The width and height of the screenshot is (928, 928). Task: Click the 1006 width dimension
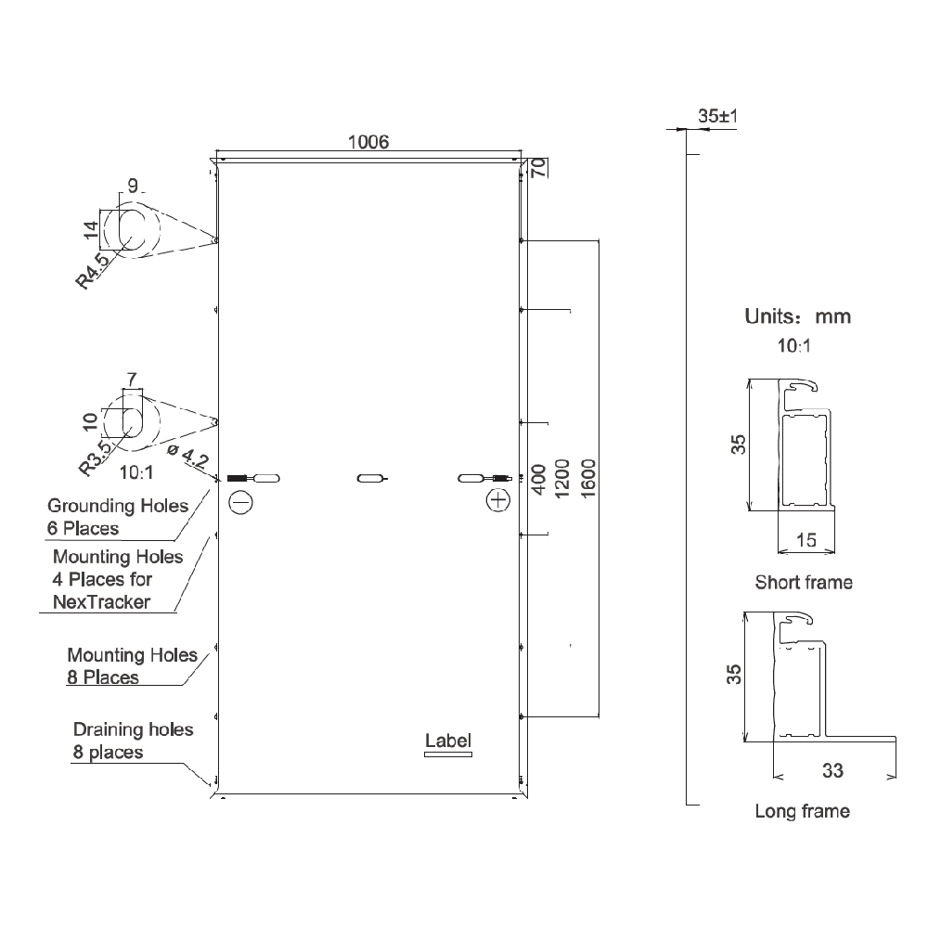[368, 142]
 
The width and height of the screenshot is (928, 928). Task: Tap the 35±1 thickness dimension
[718, 116]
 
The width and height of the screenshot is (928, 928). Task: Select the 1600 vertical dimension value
[588, 479]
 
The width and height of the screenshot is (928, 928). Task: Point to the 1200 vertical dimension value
[561, 479]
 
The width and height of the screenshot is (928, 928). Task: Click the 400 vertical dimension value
[538, 480]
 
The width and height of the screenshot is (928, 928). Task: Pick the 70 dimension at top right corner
[538, 168]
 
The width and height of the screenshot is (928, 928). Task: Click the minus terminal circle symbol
[241, 502]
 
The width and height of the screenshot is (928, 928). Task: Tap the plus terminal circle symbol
[498, 501]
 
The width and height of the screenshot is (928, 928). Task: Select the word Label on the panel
[448, 741]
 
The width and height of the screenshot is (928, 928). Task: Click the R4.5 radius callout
[93, 270]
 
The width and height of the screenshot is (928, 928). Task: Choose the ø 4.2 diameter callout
[188, 457]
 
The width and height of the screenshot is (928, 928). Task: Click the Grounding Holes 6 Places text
[118, 517]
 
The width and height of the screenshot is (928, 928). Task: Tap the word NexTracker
[101, 602]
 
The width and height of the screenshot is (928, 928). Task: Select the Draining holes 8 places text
[133, 741]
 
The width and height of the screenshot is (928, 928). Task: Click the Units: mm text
[798, 316]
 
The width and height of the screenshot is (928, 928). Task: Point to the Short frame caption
[804, 583]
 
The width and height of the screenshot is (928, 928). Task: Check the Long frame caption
[803, 811]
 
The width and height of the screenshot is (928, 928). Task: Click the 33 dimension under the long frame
[832, 770]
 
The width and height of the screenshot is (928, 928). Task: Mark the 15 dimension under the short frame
[806, 540]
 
